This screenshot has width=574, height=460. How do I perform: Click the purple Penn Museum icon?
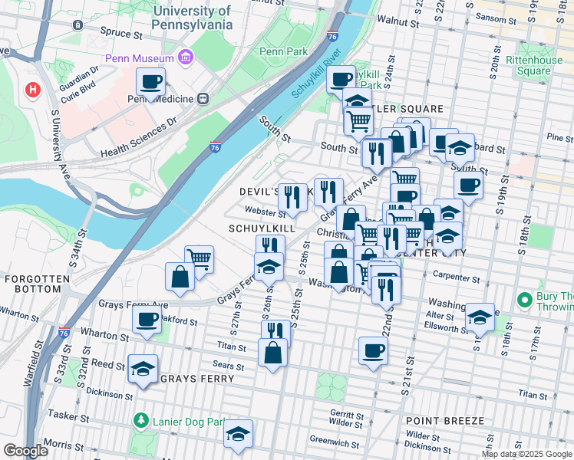[185, 58]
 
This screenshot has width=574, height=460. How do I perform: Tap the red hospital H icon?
[32, 90]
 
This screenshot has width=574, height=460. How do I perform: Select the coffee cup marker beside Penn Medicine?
[151, 80]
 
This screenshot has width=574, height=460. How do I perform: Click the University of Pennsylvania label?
[192, 18]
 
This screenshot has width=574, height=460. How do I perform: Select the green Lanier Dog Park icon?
[140, 421]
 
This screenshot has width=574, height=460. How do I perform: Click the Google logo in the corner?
[25, 451]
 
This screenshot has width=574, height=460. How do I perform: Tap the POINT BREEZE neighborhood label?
[445, 421]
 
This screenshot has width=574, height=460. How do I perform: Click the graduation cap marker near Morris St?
[238, 433]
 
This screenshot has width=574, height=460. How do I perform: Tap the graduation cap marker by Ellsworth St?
[479, 316]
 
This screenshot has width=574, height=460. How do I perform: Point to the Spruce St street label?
[122, 34]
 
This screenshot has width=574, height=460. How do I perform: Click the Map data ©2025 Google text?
[526, 454]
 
